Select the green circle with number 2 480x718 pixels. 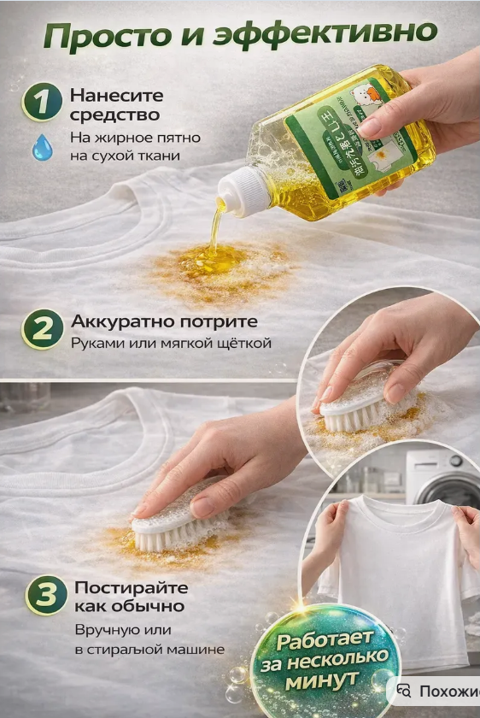point(42,330)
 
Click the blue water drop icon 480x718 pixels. point(42,147)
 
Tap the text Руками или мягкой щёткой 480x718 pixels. point(171,344)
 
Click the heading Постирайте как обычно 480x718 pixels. point(129,597)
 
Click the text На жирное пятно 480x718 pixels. point(124,138)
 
